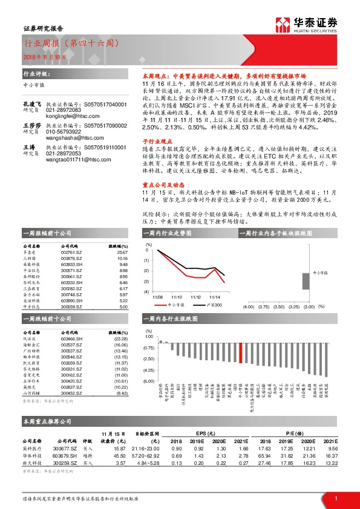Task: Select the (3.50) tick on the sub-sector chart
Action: point(279,307)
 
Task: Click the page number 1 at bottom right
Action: point(335,498)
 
